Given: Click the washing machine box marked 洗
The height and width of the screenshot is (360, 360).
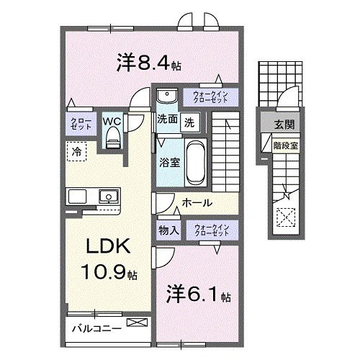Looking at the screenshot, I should tap(188, 121).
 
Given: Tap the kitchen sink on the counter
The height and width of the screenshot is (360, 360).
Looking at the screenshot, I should tap(109, 195).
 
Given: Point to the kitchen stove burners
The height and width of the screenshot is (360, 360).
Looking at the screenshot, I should tap(78, 195).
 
